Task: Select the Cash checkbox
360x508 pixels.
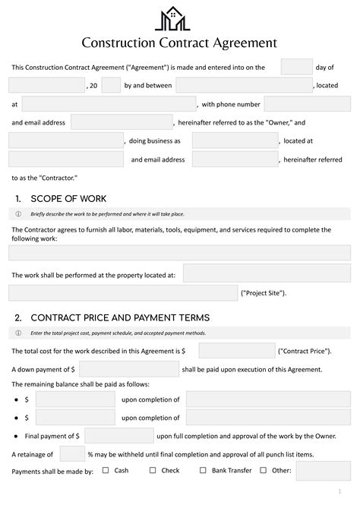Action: click(x=106, y=471)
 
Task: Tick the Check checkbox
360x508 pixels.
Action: click(x=153, y=471)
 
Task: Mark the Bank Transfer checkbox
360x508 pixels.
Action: click(x=203, y=471)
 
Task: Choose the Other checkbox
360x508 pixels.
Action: click(x=264, y=471)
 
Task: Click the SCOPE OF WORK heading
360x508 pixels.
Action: click(x=62, y=199)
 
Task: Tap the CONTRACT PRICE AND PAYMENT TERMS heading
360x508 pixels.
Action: click(x=119, y=317)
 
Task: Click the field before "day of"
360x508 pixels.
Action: click(x=296, y=67)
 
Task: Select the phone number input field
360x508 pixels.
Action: click(x=307, y=103)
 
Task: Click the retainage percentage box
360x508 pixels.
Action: click(x=72, y=453)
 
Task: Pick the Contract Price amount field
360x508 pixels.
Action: click(x=237, y=351)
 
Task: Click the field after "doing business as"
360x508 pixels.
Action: click(x=235, y=140)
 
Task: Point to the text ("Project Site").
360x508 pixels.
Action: click(x=263, y=292)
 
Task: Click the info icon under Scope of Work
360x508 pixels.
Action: click(x=18, y=214)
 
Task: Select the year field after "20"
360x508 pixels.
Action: click(x=111, y=85)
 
